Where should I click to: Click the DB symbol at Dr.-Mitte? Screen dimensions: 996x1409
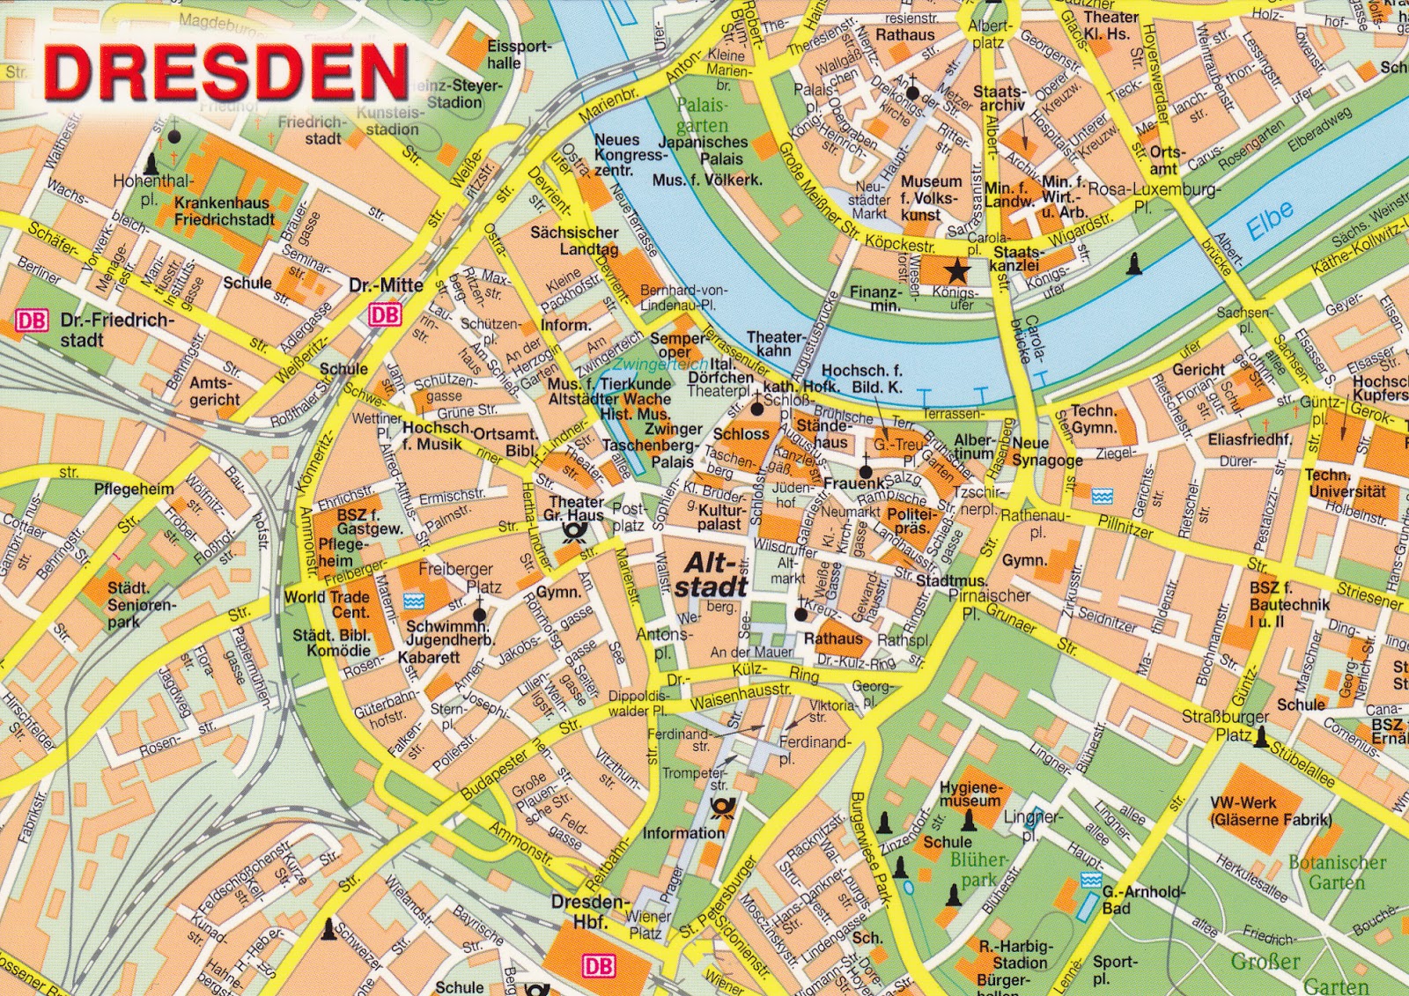coord(385,314)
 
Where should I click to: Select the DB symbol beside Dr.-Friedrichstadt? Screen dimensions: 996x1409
coord(32,321)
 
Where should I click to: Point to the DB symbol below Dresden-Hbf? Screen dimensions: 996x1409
coord(598,966)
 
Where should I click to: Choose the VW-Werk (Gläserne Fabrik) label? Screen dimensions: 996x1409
coord(1269,810)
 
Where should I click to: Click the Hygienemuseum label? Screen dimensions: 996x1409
coord(970,794)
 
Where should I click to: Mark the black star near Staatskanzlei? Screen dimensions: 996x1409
coord(957,270)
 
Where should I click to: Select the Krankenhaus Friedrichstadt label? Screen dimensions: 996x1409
coord(224,210)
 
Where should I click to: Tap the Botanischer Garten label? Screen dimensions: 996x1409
coord(1336,871)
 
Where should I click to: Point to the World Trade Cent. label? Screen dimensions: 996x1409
coord(327,604)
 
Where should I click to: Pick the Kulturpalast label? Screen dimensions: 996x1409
coord(719,517)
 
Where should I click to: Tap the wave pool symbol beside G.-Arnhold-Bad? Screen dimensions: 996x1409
coord(1091,880)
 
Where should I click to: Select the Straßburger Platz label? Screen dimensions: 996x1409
coord(1225,725)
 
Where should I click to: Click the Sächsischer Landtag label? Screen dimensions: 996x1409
coord(574,240)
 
